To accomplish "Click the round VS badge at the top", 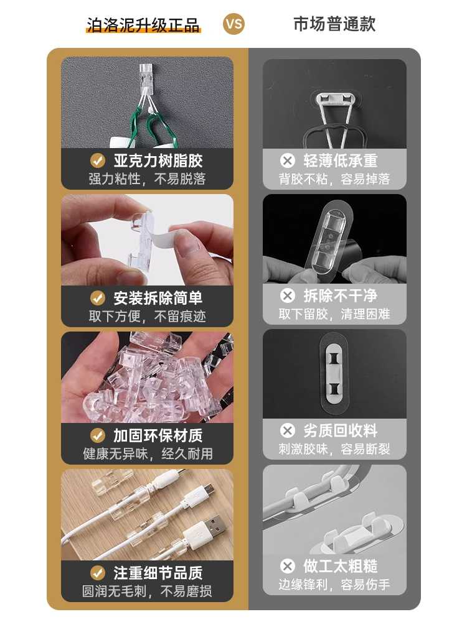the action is [233, 24].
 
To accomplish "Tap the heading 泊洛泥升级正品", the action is [143, 25].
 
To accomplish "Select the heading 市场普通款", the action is [334, 24].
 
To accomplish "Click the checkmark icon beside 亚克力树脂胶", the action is [98, 160].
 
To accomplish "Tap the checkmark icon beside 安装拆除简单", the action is [98, 298].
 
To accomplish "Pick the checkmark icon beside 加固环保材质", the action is [98, 435].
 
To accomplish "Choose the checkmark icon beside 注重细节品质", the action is [98, 573].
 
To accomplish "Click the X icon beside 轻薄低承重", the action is [288, 160].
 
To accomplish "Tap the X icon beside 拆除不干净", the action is [288, 295].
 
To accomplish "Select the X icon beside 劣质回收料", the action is [288, 430].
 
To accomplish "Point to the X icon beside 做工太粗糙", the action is [288, 566].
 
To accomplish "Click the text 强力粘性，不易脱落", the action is [148, 179].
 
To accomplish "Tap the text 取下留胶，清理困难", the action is [334, 314].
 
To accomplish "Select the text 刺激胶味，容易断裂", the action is [334, 449].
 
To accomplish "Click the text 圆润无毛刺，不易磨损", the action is [148, 591].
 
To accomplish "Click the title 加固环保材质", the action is [158, 435].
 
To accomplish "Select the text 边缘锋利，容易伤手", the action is [334, 584].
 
